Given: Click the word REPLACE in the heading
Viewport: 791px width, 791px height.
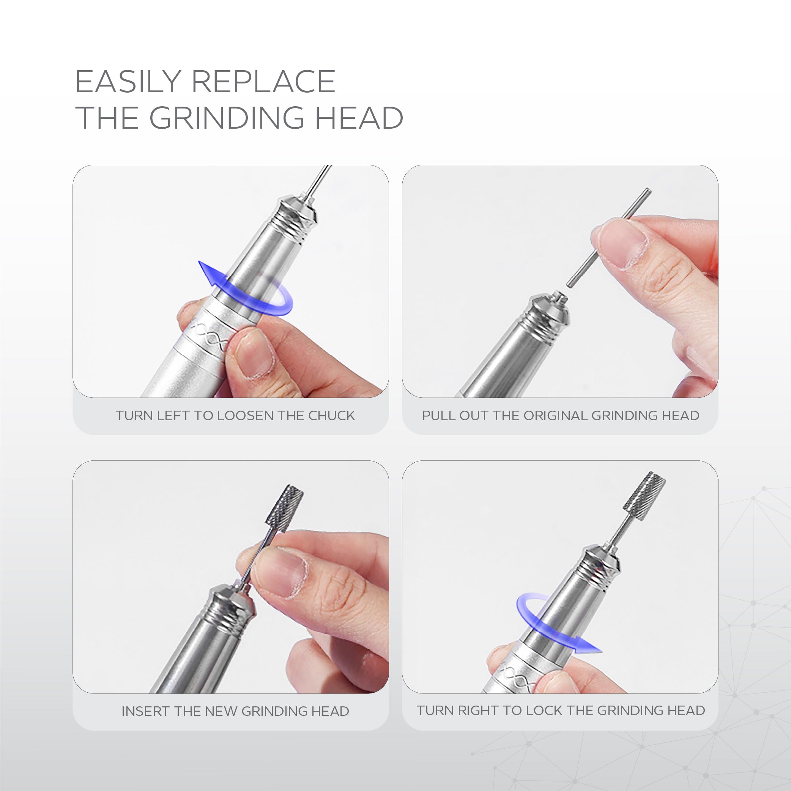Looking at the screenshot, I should (x=263, y=82).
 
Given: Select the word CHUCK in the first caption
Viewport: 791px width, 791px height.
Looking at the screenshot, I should (x=331, y=416).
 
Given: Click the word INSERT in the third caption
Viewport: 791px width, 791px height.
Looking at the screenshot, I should (x=146, y=711).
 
